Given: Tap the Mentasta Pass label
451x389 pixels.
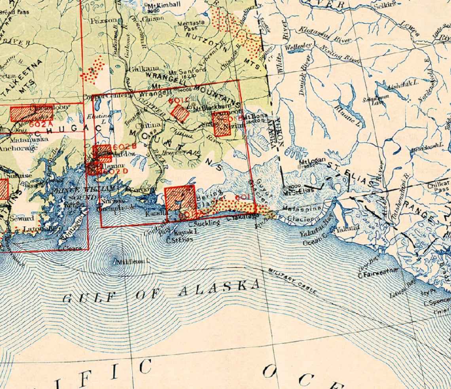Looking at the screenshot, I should (191, 25).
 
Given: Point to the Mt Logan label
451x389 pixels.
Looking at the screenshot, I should (312, 161).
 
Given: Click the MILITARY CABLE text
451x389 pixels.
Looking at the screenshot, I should (292, 282).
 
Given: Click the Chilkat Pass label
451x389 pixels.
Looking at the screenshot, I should (438, 188).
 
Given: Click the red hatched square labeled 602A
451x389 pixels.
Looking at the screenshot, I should (32, 114).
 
